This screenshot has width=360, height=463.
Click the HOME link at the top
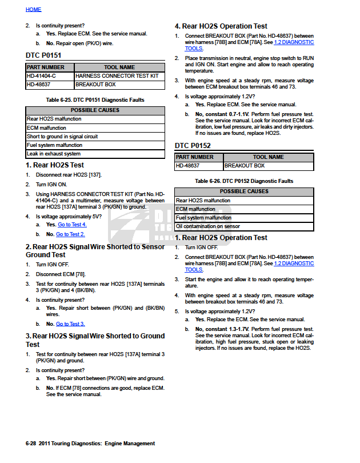coord(33,10)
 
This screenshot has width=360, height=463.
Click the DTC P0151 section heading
coord(43,55)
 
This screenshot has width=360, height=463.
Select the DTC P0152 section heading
coord(193,146)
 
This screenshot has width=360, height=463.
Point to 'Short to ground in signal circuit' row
coord(62,137)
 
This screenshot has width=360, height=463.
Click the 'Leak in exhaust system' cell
coord(54,154)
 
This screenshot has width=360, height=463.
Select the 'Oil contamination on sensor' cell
coord(207,226)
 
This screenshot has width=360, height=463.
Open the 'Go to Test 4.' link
coord(72,225)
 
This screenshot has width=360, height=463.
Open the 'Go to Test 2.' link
coord(71,234)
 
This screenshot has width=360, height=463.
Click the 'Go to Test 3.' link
coord(70,324)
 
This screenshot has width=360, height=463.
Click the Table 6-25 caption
coord(95,99)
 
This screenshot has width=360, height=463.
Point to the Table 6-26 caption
coord(244,181)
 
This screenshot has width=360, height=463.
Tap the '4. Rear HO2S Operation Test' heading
coord(221,26)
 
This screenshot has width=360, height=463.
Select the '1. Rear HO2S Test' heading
coord(55,165)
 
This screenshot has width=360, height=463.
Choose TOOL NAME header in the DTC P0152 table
coord(268,157)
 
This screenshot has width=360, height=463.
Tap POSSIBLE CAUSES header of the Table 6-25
coord(95,110)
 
